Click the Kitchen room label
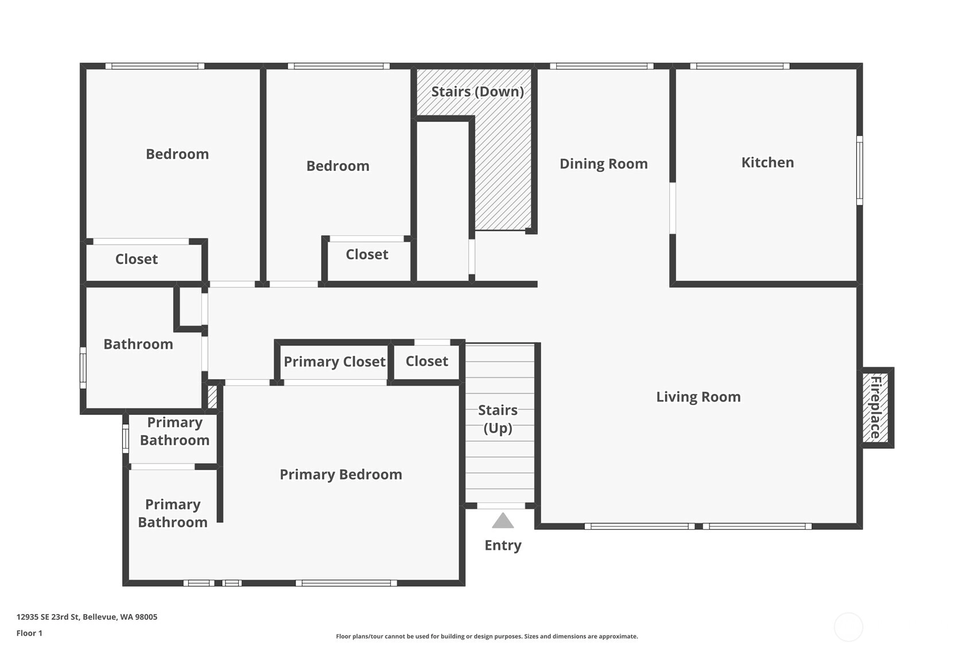(x=767, y=162)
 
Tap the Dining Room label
(x=604, y=164)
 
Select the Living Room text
(x=699, y=397)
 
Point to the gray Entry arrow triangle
(x=503, y=521)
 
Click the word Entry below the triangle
(x=503, y=546)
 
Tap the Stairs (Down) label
(x=478, y=92)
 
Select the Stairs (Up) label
(x=498, y=419)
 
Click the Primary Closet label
(x=335, y=362)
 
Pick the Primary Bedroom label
(x=341, y=474)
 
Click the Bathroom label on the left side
(x=138, y=344)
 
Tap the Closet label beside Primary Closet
(x=426, y=362)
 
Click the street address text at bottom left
(x=87, y=617)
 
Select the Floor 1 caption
(x=30, y=633)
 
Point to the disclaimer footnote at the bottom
(x=487, y=636)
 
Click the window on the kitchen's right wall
(x=860, y=170)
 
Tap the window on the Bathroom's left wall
(x=83, y=368)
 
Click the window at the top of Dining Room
(x=602, y=66)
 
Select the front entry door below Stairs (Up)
(x=501, y=506)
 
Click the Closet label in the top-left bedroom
(x=137, y=259)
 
